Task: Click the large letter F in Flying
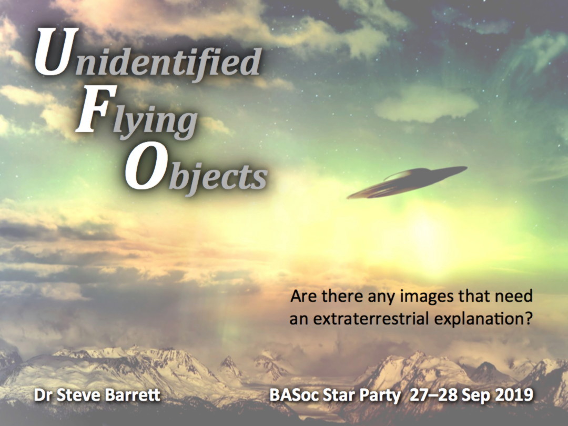pos(96,109)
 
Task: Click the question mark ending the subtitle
pos(528,319)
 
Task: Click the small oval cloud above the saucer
pos(427,104)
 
